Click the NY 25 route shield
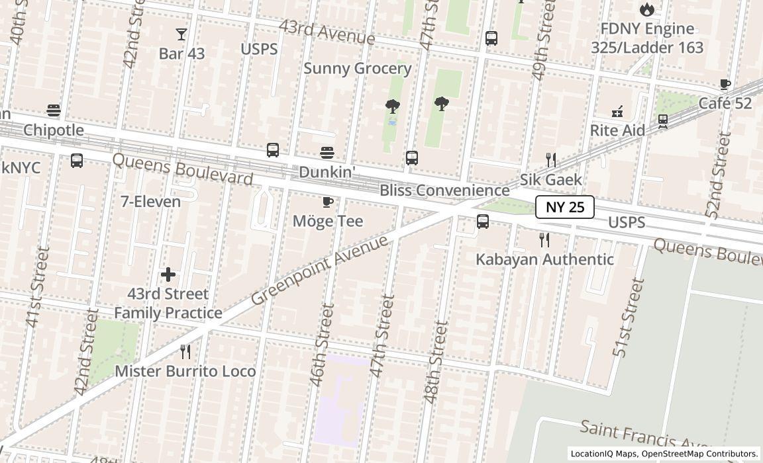click(x=565, y=207)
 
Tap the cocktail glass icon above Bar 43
click(x=181, y=34)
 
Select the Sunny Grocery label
click(x=358, y=69)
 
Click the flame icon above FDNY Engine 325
click(x=647, y=9)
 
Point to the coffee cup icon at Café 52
click(x=725, y=85)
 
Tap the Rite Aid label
click(x=617, y=130)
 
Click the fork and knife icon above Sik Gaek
click(x=550, y=159)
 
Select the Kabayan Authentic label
click(x=544, y=259)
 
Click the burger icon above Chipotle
click(x=54, y=110)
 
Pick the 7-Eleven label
click(x=150, y=202)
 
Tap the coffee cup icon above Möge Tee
click(x=327, y=202)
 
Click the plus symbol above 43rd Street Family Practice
click(x=168, y=274)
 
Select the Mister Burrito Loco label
click(x=185, y=371)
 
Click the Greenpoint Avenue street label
click(x=320, y=270)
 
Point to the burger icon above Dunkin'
click(x=327, y=153)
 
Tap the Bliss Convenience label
click(x=444, y=190)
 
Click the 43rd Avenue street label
click(x=327, y=31)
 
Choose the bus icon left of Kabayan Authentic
click(x=483, y=222)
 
